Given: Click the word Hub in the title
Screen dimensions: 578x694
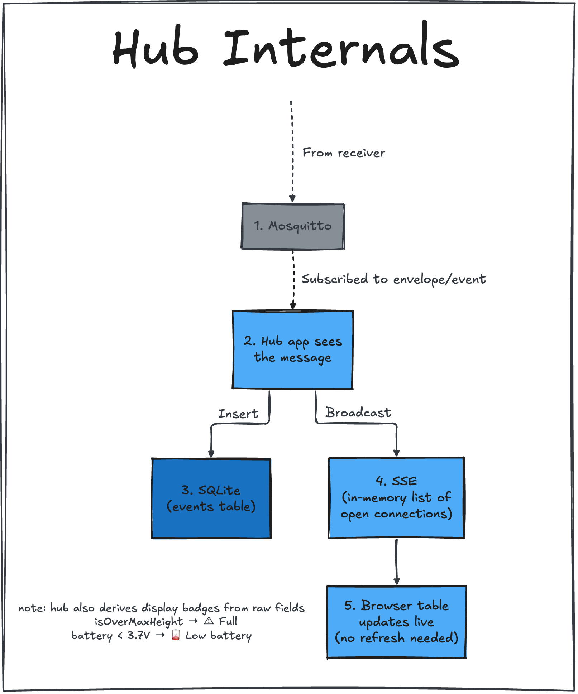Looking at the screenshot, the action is click(x=156, y=48).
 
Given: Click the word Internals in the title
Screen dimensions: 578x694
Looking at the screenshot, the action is click(x=341, y=45).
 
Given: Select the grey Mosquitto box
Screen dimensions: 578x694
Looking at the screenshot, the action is click(x=293, y=226).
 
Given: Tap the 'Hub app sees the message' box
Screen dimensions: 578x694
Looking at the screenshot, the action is click(x=293, y=350).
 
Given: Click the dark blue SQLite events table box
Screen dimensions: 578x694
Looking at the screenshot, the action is click(x=211, y=498).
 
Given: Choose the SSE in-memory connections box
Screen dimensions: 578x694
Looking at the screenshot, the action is click(x=396, y=497).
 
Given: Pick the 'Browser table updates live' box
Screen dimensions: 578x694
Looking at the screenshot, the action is click(x=397, y=622).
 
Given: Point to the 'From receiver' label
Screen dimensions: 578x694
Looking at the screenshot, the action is click(x=344, y=153).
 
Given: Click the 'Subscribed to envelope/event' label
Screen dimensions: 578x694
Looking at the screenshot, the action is click(x=393, y=279).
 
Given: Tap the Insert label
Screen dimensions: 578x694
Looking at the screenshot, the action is click(x=238, y=414).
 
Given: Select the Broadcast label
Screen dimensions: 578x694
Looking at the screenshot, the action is click(x=358, y=413).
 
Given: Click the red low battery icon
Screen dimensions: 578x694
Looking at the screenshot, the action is click(x=176, y=635).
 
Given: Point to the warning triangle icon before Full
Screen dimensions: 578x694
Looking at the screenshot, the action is click(x=209, y=621).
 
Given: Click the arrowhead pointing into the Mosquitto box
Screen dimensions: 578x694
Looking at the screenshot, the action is click(x=292, y=198).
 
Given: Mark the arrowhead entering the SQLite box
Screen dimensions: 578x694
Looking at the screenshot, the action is click(x=211, y=454).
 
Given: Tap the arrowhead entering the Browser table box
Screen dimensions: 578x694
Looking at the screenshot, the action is click(x=396, y=581).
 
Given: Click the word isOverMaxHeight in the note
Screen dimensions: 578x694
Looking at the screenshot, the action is click(x=139, y=621).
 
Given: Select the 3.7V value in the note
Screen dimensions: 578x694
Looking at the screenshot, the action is click(x=139, y=635).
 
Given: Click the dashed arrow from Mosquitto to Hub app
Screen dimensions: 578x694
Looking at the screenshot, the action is click(x=293, y=280).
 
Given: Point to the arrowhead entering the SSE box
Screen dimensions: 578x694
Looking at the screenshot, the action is click(x=396, y=453).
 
